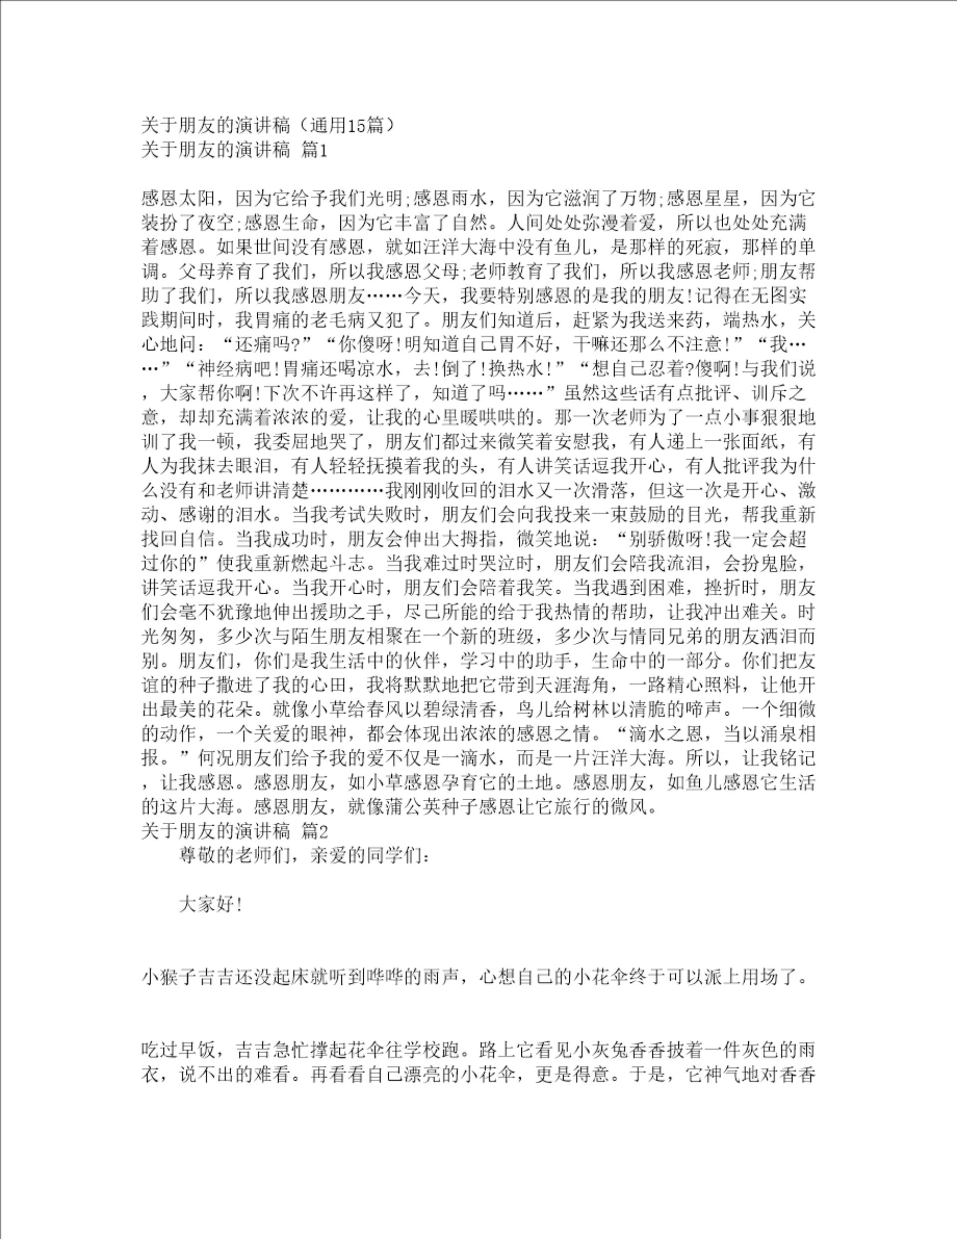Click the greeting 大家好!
210,904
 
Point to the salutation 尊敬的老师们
235,856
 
